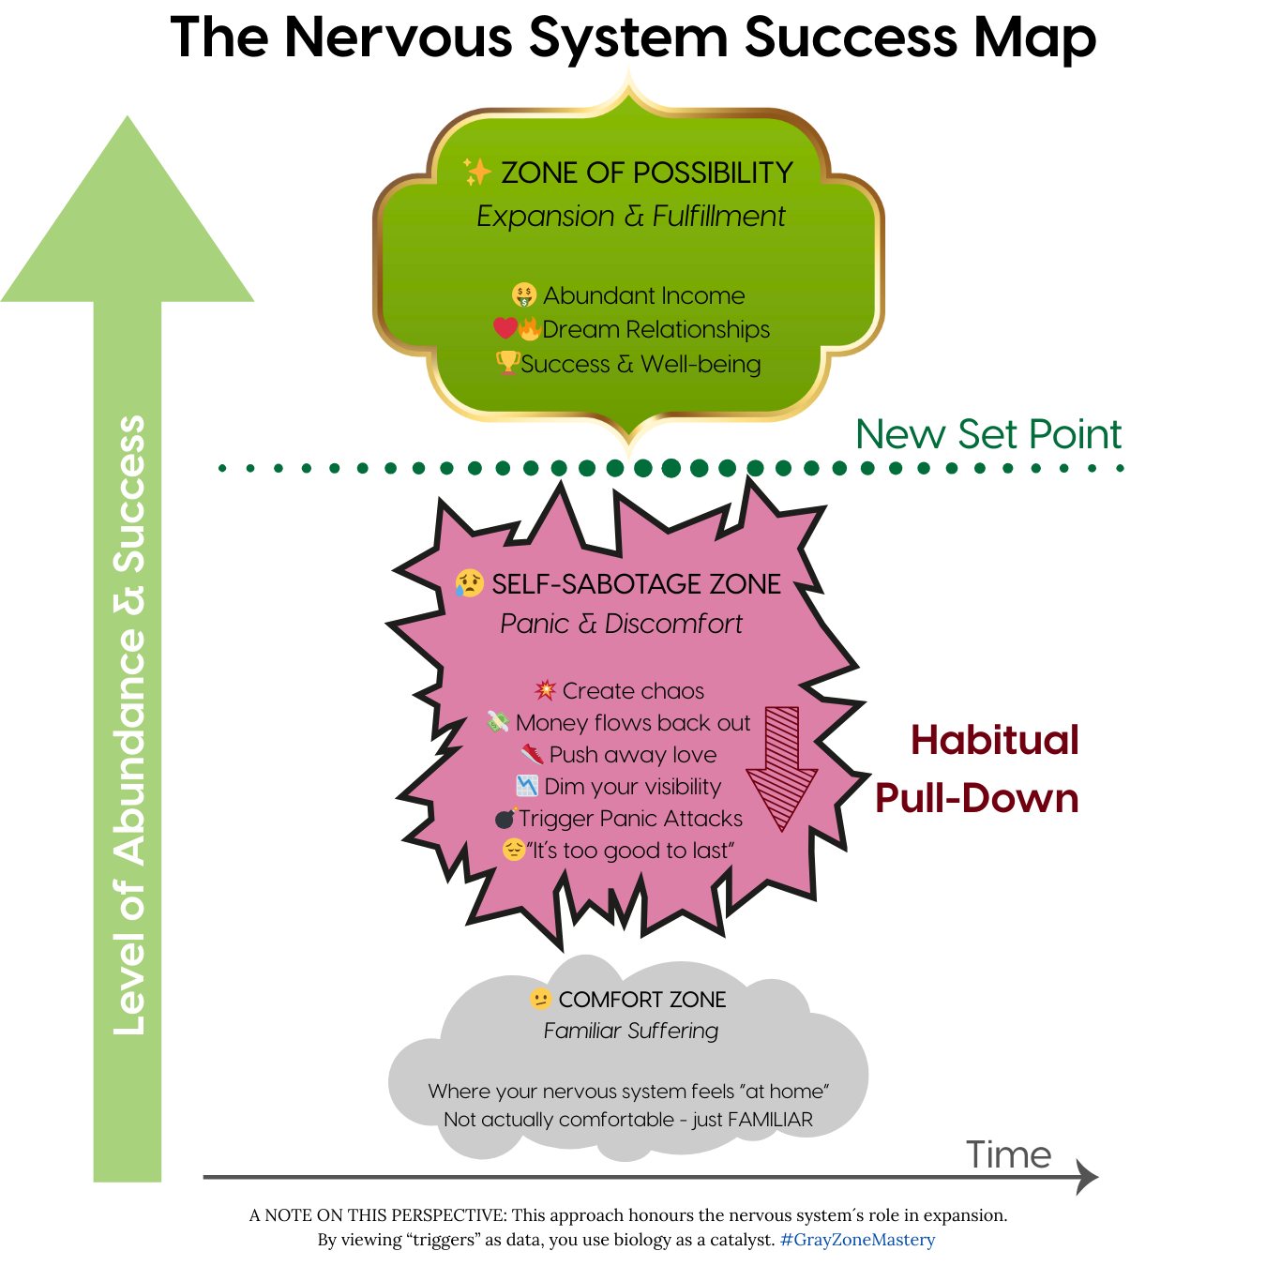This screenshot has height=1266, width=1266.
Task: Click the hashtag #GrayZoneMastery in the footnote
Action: click(x=857, y=1240)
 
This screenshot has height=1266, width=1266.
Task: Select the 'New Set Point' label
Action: click(x=988, y=434)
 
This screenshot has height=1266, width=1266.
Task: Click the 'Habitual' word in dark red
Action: click(x=995, y=740)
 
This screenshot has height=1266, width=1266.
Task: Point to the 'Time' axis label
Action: click(x=1008, y=1154)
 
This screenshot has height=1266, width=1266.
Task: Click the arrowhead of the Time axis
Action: click(x=1087, y=1177)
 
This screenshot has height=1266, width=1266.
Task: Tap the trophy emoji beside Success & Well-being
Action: click(x=507, y=362)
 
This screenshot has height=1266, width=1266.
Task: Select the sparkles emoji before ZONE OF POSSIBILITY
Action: click(x=476, y=172)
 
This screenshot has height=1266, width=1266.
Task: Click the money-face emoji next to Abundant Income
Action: click(x=523, y=295)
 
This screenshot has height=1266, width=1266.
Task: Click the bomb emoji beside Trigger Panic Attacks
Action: click(x=505, y=818)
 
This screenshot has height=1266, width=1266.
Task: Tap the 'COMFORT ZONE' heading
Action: click(x=642, y=1000)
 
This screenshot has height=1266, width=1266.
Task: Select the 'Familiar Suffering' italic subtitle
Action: click(x=631, y=1031)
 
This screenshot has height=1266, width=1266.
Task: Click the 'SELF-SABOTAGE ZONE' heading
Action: click(x=636, y=584)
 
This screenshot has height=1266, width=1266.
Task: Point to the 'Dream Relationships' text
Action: click(x=656, y=330)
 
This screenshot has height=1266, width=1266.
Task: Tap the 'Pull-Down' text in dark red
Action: click(x=976, y=798)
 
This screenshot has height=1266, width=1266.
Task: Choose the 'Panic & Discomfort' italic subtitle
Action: click(x=621, y=624)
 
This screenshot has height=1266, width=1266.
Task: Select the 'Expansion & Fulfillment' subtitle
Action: click(x=630, y=217)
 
